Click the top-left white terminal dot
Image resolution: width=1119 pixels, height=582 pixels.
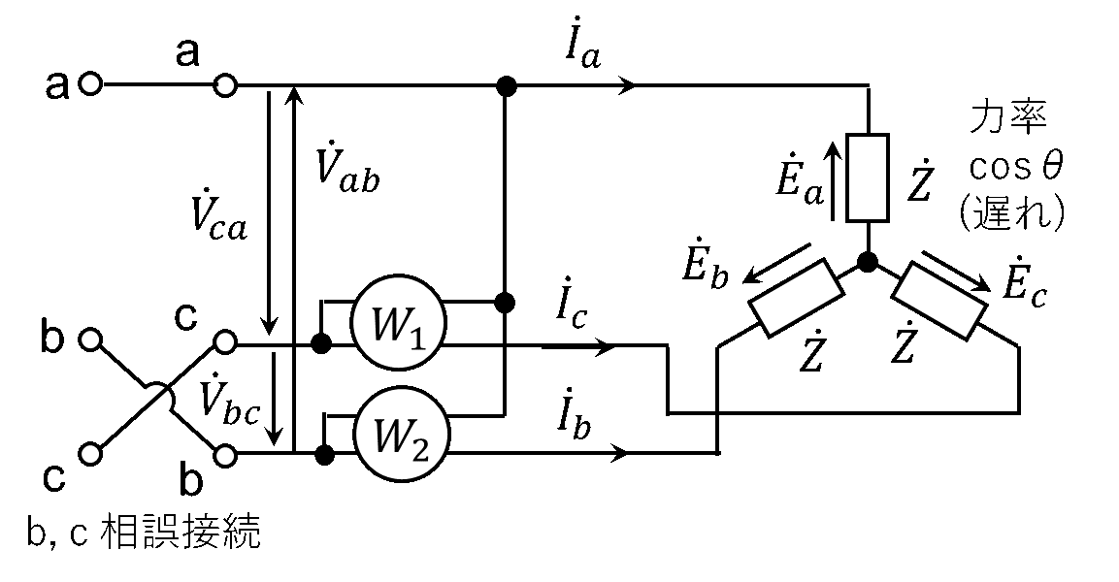pyautogui.click(x=90, y=83)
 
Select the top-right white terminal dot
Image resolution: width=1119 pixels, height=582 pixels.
pyautogui.click(x=225, y=85)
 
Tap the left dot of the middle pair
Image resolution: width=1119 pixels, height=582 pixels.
pyautogui.click(x=90, y=339)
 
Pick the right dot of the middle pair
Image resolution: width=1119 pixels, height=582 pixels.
pyautogui.click(x=225, y=341)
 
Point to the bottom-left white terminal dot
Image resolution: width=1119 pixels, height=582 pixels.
pyautogui.click(x=90, y=453)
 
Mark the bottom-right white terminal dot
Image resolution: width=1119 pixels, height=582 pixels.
pyautogui.click(x=225, y=455)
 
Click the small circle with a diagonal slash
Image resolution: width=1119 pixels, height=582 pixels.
pyautogui.click(x=156, y=401)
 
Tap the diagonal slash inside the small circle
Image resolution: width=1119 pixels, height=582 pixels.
pyautogui.click(x=156, y=401)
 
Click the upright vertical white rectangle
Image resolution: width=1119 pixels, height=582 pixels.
pyautogui.click(x=868, y=178)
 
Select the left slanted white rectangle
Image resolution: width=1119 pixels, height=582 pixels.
pyautogui.click(x=796, y=298)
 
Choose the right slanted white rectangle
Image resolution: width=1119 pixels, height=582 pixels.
pyautogui.click(x=939, y=301)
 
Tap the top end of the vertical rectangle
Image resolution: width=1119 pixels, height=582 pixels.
pyautogui.click(x=868, y=142)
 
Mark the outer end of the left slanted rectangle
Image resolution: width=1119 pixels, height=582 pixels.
pyautogui.click(x=763, y=317)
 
